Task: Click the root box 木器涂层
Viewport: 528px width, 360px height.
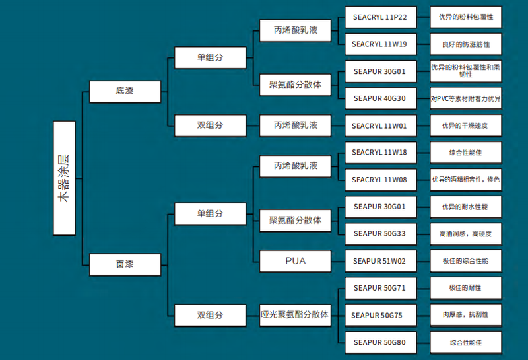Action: [65, 178]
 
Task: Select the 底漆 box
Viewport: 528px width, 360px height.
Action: [125, 90]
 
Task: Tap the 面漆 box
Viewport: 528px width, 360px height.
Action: [125, 264]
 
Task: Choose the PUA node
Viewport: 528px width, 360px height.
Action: [295, 261]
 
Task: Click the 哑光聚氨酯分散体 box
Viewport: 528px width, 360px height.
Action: [295, 314]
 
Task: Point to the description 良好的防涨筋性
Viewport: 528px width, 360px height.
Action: [465, 44]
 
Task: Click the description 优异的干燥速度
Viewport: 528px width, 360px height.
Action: [465, 126]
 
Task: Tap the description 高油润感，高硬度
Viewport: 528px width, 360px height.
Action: [465, 233]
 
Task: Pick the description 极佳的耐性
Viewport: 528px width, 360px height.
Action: [465, 287]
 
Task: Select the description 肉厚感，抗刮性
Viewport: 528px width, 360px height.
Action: [465, 314]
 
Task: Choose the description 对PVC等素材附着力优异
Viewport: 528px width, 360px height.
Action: [465, 98]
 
